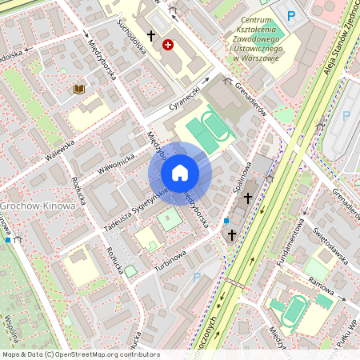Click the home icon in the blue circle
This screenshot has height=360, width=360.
(x=180, y=173)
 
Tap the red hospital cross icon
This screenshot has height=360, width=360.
(x=167, y=45)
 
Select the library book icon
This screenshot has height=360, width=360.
(x=78, y=89)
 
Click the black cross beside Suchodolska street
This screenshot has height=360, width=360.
(x=150, y=36)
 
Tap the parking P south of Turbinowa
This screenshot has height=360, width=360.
(x=197, y=278)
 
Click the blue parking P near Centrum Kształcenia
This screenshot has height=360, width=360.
(x=291, y=15)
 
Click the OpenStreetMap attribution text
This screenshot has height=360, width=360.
(x=81, y=354)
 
